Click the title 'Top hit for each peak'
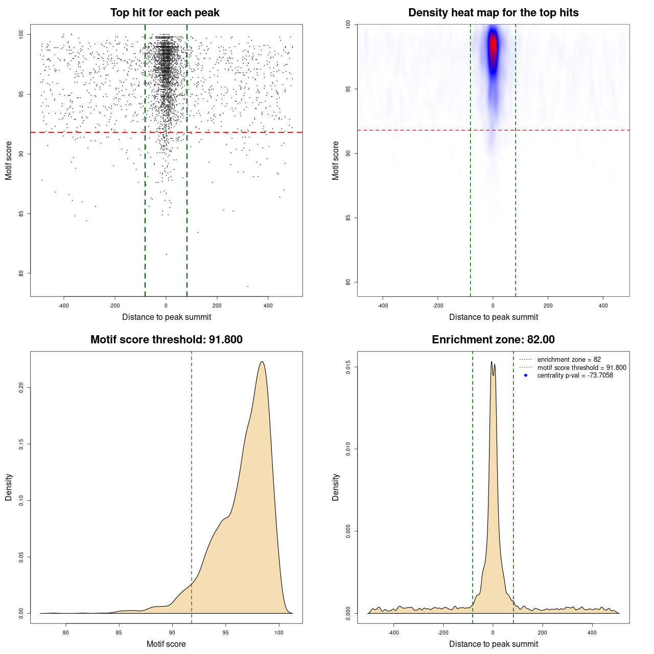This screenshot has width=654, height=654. pos(165,13)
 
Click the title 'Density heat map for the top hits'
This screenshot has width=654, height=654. pos(493,13)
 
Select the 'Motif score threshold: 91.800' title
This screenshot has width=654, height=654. pos(166,340)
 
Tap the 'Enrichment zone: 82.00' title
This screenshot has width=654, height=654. pos(493,340)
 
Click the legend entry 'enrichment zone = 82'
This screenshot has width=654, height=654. pos(569,360)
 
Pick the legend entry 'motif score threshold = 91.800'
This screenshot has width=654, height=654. pos(581,367)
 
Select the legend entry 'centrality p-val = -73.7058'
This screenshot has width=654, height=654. pos(575,376)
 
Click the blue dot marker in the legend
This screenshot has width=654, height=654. pos(526,376)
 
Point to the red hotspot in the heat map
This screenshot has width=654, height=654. pos(493,46)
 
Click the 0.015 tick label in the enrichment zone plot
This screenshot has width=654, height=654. pos(348,367)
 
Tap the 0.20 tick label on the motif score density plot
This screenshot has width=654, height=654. pos(21,388)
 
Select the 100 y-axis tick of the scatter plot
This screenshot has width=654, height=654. pos(21,34)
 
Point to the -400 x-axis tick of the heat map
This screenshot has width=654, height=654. pos(383,306)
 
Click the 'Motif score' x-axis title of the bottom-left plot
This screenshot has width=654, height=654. pos(166,644)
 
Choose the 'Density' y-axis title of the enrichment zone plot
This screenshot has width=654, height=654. pos(336,487)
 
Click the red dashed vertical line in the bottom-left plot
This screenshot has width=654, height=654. pos(192,460)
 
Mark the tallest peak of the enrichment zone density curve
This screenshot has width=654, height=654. pos(492,362)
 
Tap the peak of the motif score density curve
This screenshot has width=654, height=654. pos(262,362)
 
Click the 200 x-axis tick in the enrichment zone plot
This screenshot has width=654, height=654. pos(543,633)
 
